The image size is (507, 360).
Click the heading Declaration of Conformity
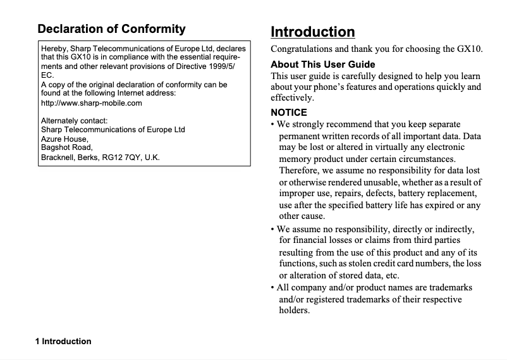coord(111,29)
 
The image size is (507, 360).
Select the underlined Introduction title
coord(312,32)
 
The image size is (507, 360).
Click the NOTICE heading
coord(288,113)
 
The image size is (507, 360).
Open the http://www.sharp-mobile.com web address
coord(91,102)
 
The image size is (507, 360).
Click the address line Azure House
coord(64,139)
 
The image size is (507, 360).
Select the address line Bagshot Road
coord(66,147)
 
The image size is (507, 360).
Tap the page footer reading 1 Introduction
coord(63,341)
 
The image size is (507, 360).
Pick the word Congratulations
coord(302,49)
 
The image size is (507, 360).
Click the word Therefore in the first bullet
coord(300,170)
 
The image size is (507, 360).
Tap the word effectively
coord(292,98)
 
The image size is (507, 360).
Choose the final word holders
coord(294,311)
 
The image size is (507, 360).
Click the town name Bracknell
coord(59,157)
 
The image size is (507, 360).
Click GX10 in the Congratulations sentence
coord(468,49)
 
